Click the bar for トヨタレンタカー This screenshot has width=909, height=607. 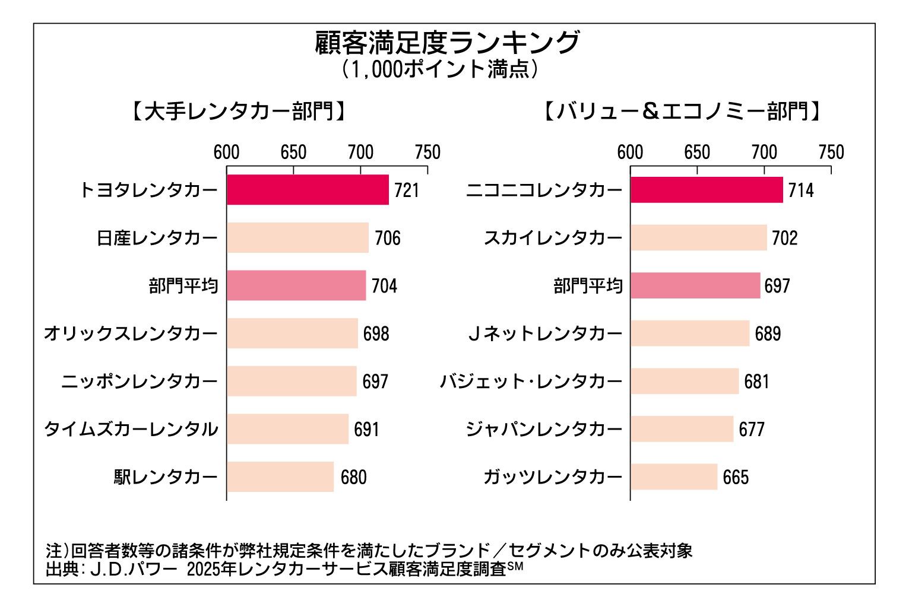tap(308, 190)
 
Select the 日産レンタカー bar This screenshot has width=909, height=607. tap(297, 238)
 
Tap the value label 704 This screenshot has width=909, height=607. tap(384, 286)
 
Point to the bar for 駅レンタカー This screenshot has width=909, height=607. tap(280, 476)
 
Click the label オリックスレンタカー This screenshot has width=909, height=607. tap(131, 333)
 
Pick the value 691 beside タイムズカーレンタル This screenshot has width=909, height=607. tap(366, 429)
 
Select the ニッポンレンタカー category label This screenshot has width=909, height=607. tap(140, 381)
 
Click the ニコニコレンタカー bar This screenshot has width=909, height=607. tap(707, 190)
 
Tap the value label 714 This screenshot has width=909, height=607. tap(801, 190)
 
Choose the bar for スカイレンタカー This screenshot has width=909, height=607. tap(699, 238)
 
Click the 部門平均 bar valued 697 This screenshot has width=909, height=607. tap(695, 286)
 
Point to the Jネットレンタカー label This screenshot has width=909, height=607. tap(544, 333)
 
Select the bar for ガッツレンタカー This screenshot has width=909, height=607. tap(674, 476)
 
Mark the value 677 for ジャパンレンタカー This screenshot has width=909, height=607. tap(752, 429)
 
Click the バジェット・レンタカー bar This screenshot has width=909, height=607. tap(685, 381)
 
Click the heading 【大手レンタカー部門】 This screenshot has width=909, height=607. tap(238, 112)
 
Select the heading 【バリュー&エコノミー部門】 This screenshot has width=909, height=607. tap(683, 112)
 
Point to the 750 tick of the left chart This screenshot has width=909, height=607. tap(427, 152)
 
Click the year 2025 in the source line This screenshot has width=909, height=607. tap(202, 569)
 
